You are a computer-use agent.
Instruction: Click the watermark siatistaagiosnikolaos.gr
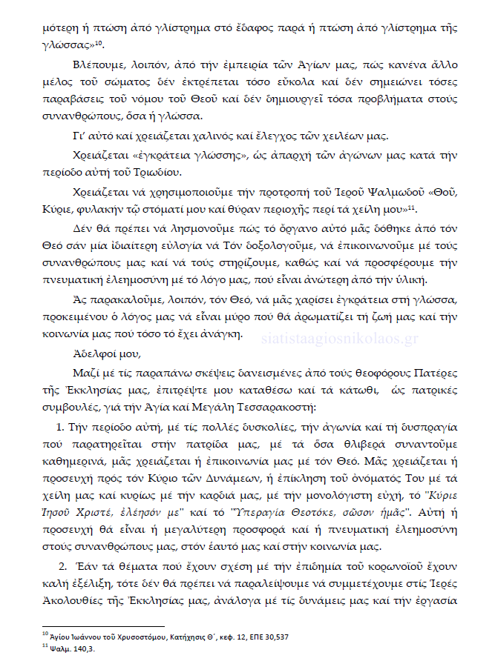(352, 338)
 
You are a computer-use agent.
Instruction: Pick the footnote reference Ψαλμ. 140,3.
(71, 647)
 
